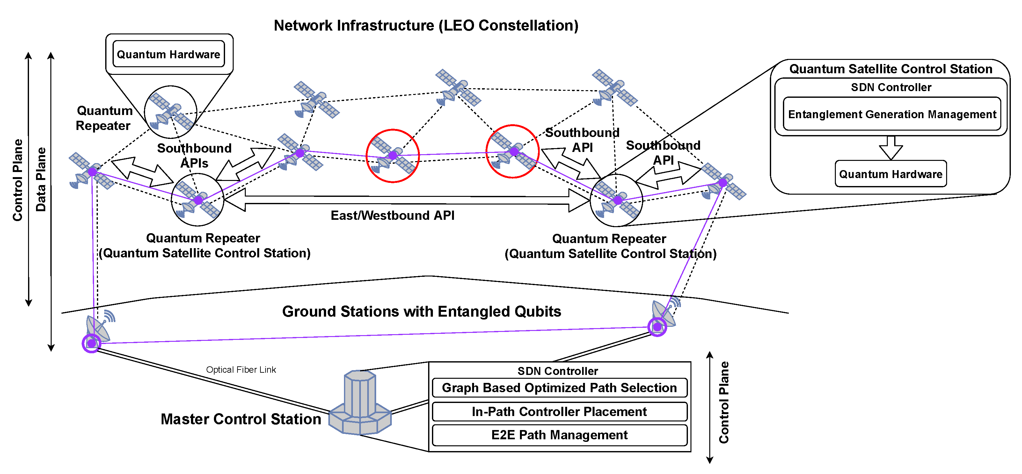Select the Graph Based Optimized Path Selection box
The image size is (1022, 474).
(559, 388)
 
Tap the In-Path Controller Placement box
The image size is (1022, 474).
(559, 412)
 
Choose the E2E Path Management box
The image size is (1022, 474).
(559, 435)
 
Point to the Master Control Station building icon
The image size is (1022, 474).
(360, 404)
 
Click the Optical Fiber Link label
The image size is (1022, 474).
(241, 370)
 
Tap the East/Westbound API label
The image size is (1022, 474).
(392, 216)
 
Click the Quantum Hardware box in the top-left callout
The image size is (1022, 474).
(169, 54)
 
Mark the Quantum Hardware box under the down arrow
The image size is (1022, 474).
(890, 174)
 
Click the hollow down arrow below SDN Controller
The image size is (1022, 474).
(891, 148)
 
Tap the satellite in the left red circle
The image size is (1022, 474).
(392, 156)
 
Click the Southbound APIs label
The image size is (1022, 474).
(194, 156)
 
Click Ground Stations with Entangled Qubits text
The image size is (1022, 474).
(421, 312)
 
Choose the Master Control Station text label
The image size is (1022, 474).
(241, 419)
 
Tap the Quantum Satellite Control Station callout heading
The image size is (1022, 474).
(890, 69)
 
